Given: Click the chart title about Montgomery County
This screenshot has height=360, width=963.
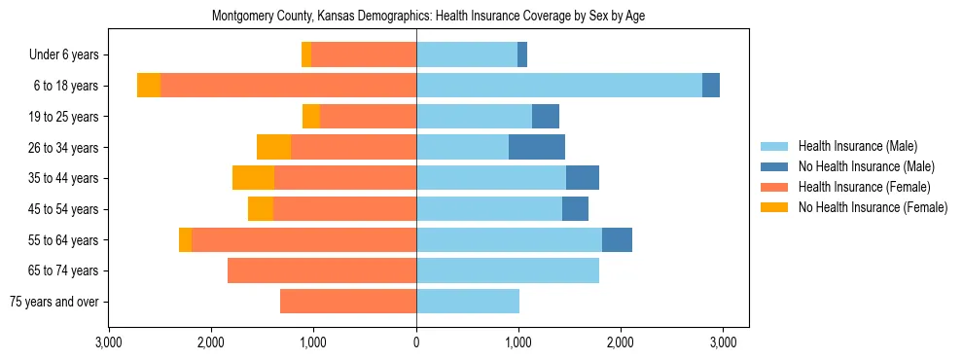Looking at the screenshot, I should (428, 16).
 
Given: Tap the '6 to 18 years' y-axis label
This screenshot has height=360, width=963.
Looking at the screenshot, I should (65, 86).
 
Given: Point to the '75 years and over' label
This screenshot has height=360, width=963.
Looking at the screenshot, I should (53, 302).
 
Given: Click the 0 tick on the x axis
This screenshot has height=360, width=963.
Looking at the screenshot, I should (416, 342).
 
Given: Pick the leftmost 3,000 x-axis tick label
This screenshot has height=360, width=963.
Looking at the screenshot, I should (109, 342).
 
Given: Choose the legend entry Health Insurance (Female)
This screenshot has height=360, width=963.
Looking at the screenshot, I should (864, 187).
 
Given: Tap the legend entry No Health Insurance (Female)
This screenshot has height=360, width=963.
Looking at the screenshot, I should (873, 207).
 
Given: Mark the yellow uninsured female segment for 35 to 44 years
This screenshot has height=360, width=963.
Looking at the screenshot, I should (253, 178).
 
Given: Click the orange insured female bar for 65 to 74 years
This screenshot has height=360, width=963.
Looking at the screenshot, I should (322, 270).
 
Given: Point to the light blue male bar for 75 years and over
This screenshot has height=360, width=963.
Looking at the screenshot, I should (468, 302).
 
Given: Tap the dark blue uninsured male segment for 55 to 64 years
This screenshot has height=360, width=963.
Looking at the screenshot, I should (617, 239).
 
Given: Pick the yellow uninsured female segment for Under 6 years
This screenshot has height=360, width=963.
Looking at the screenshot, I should (306, 54).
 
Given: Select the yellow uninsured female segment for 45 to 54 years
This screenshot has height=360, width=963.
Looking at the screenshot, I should (261, 209).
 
